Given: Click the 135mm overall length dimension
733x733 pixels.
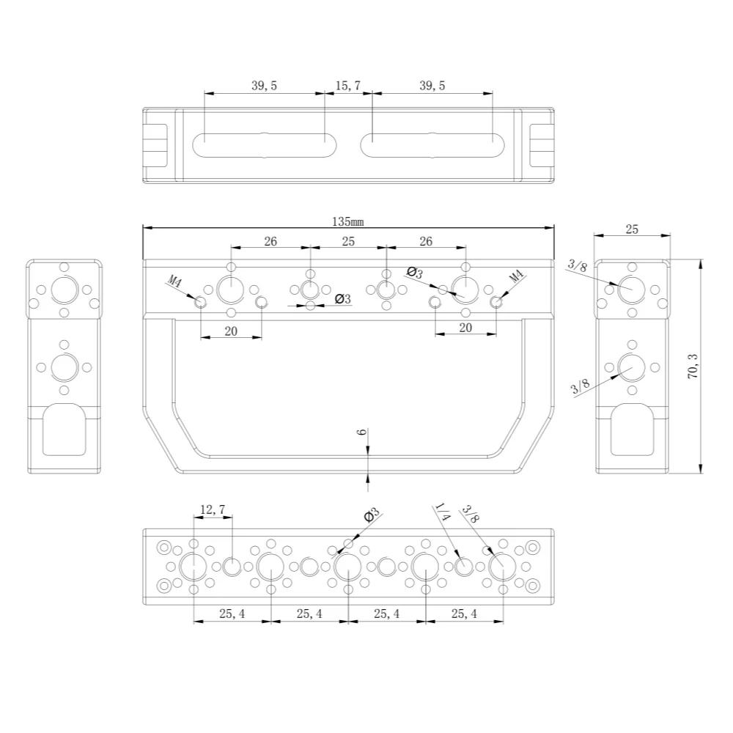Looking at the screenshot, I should click(347, 221).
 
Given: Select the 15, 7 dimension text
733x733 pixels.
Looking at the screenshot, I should click(347, 86).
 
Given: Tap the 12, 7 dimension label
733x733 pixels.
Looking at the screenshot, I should click(213, 509).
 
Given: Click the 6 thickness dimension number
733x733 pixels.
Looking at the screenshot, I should click(361, 433).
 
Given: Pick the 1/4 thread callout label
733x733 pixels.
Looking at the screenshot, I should click(442, 512).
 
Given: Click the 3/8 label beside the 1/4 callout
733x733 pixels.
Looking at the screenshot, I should click(469, 513).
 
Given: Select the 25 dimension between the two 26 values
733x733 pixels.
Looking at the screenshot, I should click(348, 241).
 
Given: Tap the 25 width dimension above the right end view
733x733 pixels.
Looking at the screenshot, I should click(632, 229).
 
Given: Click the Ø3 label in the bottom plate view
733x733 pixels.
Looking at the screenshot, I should click(372, 515).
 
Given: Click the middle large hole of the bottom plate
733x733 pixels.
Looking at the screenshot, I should click(347, 567).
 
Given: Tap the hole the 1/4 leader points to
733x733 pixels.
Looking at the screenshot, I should click(464, 567).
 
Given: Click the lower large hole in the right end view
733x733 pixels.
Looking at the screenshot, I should click(631, 366).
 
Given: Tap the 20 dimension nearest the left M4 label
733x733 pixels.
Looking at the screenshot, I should click(231, 331).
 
